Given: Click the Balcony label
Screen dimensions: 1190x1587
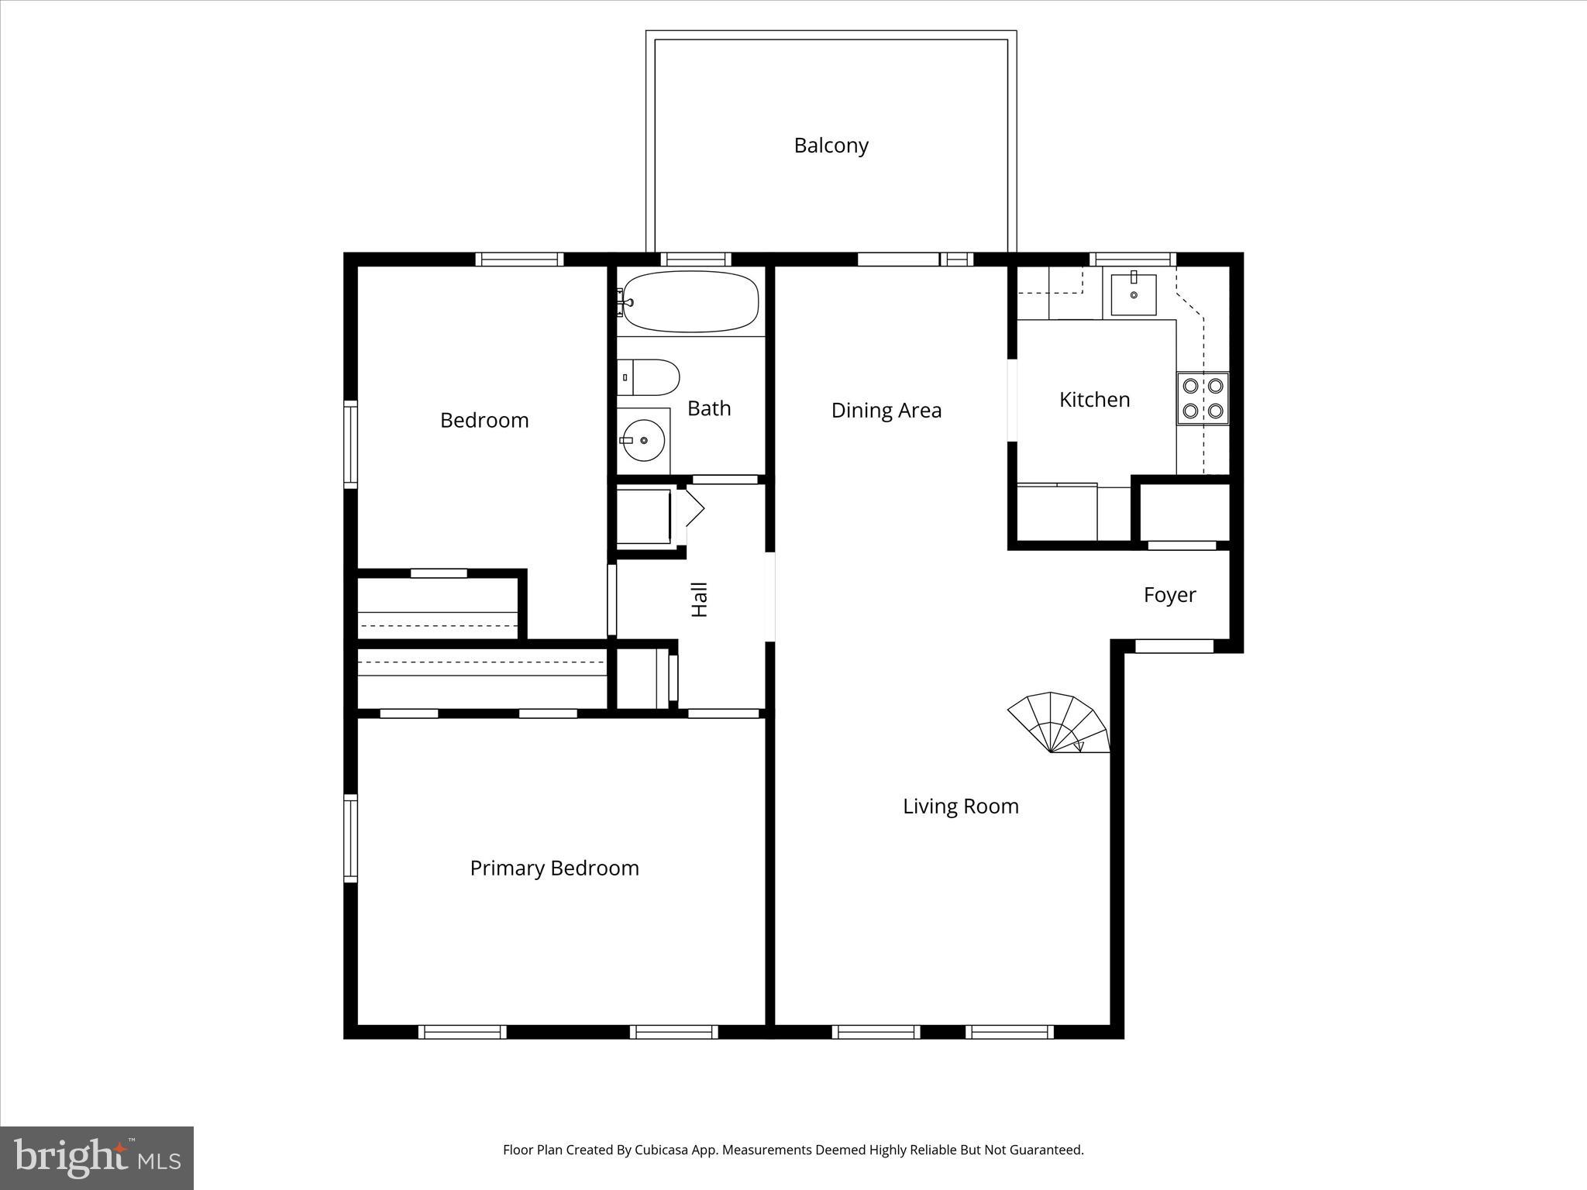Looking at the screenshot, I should [x=831, y=146].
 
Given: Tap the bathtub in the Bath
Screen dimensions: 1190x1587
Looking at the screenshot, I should [x=690, y=301].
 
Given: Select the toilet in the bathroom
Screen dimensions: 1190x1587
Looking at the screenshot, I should [x=649, y=377].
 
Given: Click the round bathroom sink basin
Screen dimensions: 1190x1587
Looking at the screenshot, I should [x=643, y=440].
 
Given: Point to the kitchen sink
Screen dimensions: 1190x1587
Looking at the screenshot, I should [x=1133, y=294].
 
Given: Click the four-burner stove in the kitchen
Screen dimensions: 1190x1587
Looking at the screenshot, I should [x=1203, y=398].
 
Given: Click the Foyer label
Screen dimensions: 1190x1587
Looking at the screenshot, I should [x=1169, y=595].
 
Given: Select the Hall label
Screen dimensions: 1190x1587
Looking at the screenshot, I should [x=700, y=600].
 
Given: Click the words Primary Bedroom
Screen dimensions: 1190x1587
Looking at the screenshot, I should [x=554, y=868].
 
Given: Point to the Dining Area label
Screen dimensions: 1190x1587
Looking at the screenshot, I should [x=886, y=411].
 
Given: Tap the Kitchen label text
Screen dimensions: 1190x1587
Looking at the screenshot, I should [x=1094, y=400].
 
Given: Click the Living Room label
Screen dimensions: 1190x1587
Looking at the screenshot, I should [x=960, y=807].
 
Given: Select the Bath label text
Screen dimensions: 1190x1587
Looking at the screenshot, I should [x=709, y=408].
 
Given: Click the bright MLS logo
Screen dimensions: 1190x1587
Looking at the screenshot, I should [x=97, y=1157].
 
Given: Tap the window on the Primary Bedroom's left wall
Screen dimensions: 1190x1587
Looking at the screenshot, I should [x=350, y=837].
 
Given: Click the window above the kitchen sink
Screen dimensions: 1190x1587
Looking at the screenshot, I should [x=1132, y=260].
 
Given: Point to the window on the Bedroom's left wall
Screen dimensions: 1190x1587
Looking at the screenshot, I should [x=350, y=443].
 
